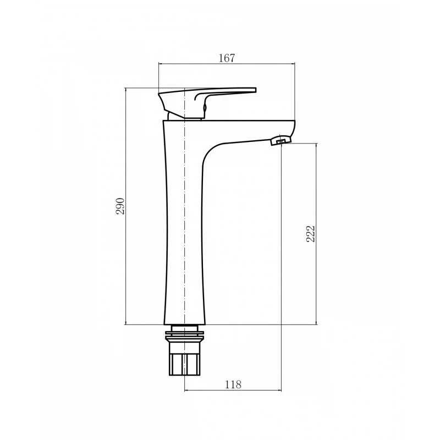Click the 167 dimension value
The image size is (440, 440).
coord(227,58)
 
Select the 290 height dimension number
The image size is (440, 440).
coord(120,206)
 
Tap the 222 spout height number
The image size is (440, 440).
coord(311,233)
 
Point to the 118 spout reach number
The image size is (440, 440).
coord(233,384)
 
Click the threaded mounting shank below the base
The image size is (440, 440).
coord(184,350)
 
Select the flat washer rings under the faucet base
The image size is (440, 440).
coord(184,333)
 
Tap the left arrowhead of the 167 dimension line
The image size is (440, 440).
coord(161,64)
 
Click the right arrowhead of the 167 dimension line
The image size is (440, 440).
coord(293,64)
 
